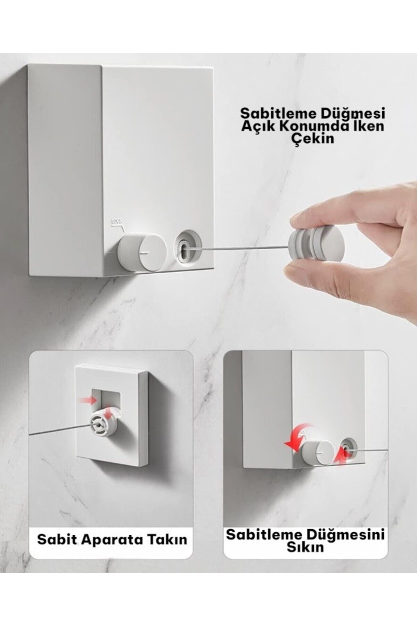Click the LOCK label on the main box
(116, 221)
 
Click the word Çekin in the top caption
(312, 138)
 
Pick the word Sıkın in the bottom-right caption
(305, 547)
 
